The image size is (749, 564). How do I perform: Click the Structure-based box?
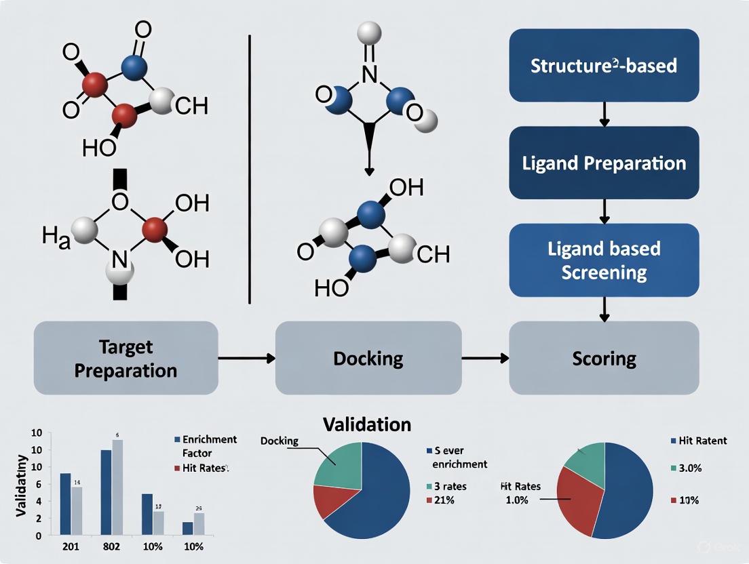[604, 66]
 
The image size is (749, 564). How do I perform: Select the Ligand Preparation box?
[604, 163]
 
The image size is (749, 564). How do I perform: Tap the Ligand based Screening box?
[604, 260]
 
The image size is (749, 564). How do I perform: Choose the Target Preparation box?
[126, 359]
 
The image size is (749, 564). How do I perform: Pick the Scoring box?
[604, 358]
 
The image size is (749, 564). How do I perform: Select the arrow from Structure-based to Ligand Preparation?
[604, 114]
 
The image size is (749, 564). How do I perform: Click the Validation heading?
[367, 424]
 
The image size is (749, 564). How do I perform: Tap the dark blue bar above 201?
[65, 504]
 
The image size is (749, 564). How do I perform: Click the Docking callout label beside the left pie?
[279, 441]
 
